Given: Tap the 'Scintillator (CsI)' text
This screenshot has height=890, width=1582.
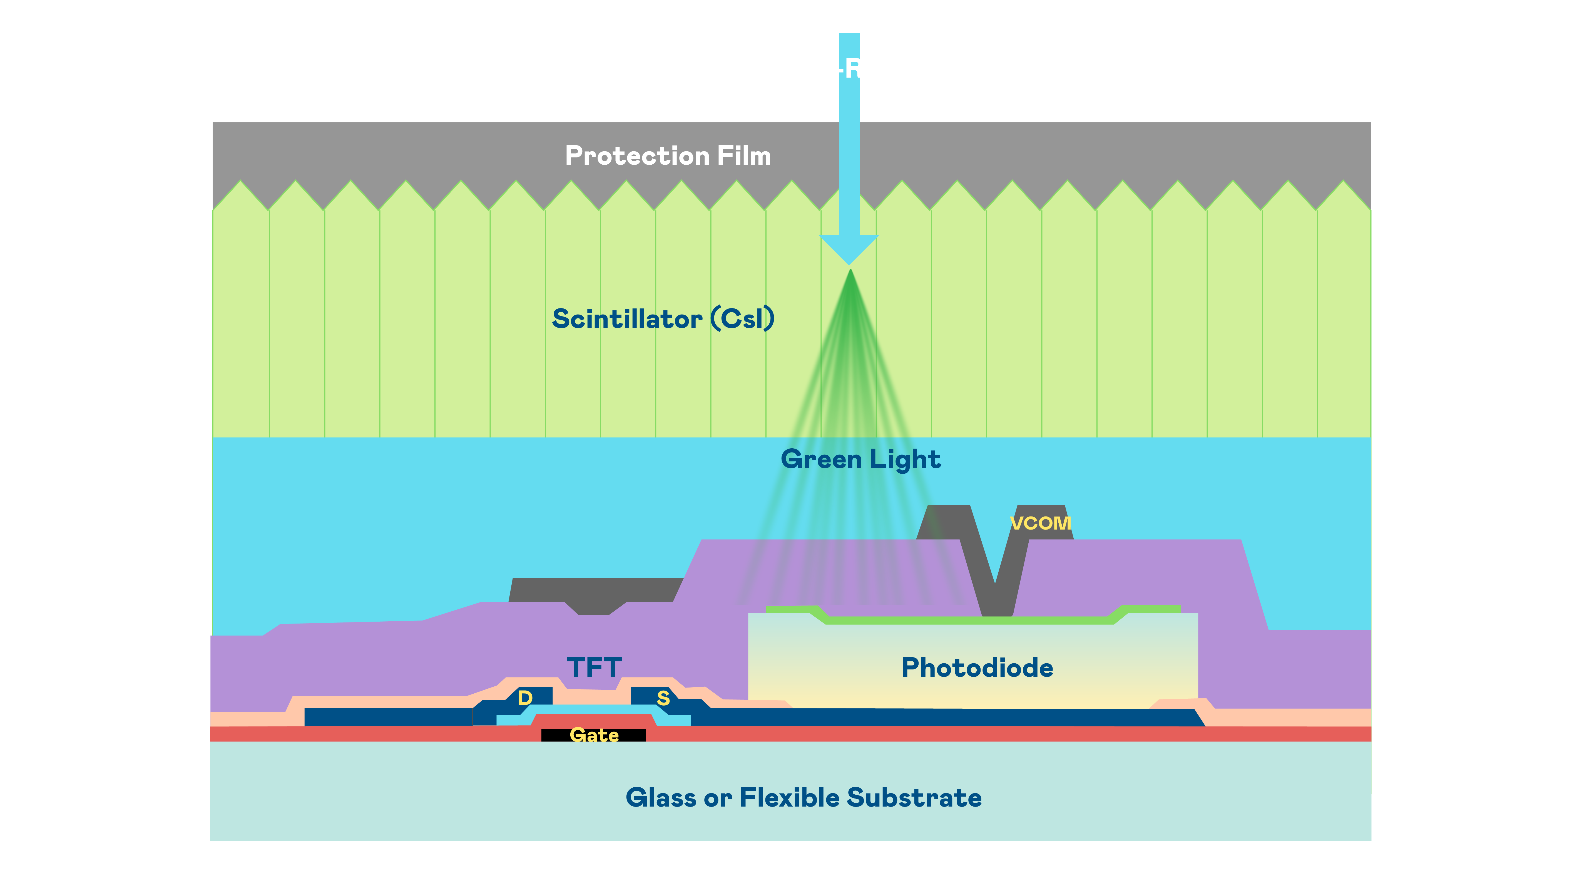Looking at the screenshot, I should pos(663,319).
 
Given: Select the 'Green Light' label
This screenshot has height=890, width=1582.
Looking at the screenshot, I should pos(860,460).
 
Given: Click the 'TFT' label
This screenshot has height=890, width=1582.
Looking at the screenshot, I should pos(594,667).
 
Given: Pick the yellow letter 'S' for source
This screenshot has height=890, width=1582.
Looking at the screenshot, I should pos(663,698).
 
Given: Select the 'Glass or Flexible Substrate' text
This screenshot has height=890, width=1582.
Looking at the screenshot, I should pos(803,798).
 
